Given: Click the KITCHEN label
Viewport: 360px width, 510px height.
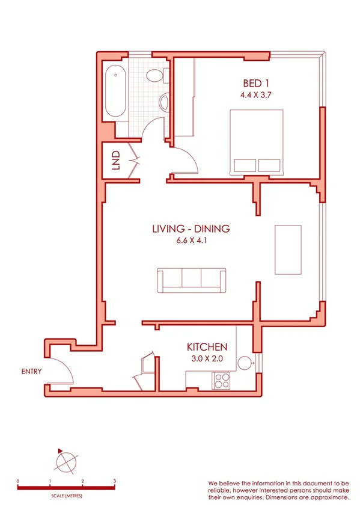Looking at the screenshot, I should pyautogui.click(x=207, y=347).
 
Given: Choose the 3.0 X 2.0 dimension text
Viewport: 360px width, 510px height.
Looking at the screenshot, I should pyautogui.click(x=207, y=359).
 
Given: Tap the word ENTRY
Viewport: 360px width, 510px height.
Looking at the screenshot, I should pyautogui.click(x=31, y=371).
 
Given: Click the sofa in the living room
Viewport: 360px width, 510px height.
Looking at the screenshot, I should pyautogui.click(x=192, y=280).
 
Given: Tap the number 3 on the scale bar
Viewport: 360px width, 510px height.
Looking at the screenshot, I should pyautogui.click(x=115, y=481).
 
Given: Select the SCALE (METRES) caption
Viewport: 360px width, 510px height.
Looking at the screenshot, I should pyautogui.click(x=66, y=496).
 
